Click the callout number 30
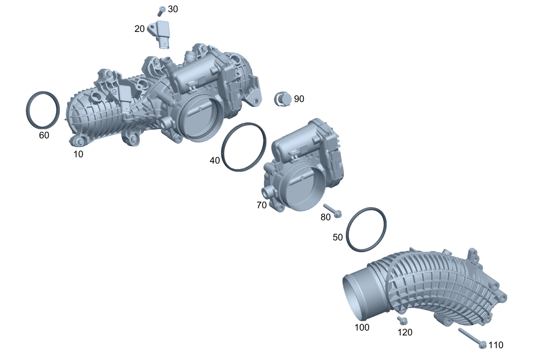(x=173, y=9)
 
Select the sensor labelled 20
(x=160, y=34)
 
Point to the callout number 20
(x=140, y=29)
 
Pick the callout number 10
(x=78, y=154)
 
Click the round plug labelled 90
(x=283, y=99)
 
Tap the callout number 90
(x=299, y=99)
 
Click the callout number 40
(x=215, y=161)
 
